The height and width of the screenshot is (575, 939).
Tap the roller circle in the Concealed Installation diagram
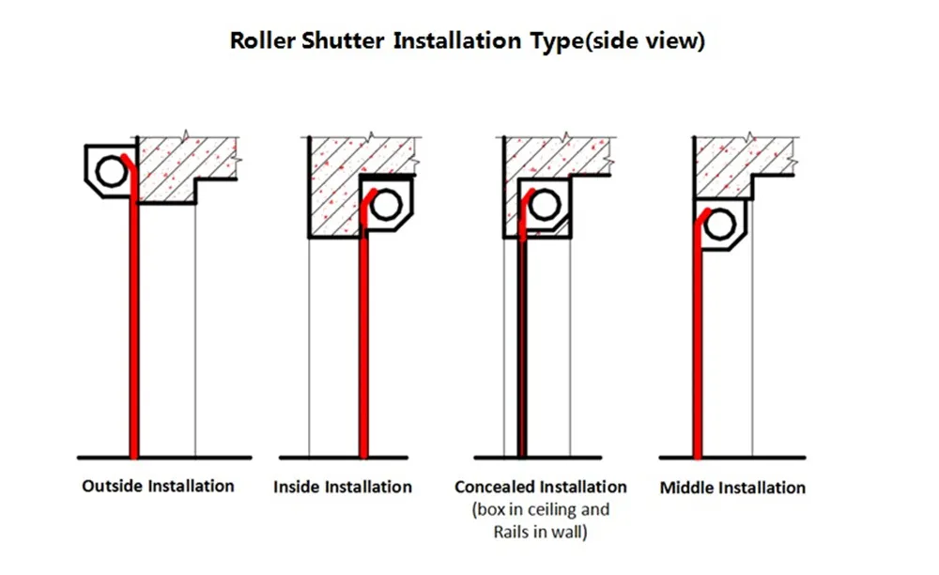point(544,207)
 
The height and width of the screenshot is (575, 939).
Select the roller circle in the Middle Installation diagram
point(720,225)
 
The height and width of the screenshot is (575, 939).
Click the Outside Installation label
point(158,486)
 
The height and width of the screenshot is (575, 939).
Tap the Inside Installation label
point(343,487)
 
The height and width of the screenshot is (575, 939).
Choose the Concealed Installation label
point(540,487)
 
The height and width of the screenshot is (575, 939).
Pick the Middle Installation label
point(732,488)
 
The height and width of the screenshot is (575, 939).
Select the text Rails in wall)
point(540,532)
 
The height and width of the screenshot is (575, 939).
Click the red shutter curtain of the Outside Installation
point(134,329)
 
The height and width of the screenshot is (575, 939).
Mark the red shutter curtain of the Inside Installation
point(364,348)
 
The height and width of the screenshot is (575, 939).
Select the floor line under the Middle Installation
point(732,458)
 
